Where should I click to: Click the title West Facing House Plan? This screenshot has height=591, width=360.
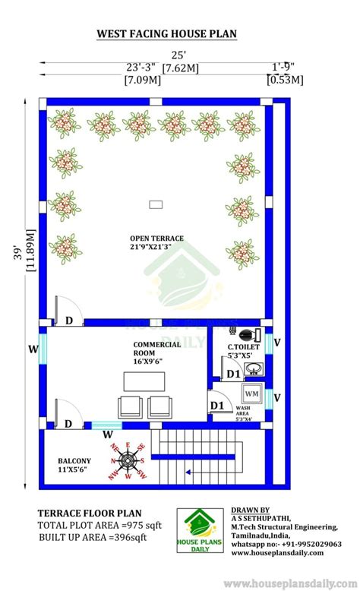166,33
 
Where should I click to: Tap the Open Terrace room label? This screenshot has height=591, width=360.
156,242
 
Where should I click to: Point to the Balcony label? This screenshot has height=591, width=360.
74,465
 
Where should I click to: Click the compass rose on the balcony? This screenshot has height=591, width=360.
128,460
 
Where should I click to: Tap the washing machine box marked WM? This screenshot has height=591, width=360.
251,395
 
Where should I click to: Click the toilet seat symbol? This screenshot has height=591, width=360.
245,334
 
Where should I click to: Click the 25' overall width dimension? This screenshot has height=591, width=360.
178,55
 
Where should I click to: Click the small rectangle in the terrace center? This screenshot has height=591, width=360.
156,204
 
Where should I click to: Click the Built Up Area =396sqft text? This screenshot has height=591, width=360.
93,538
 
